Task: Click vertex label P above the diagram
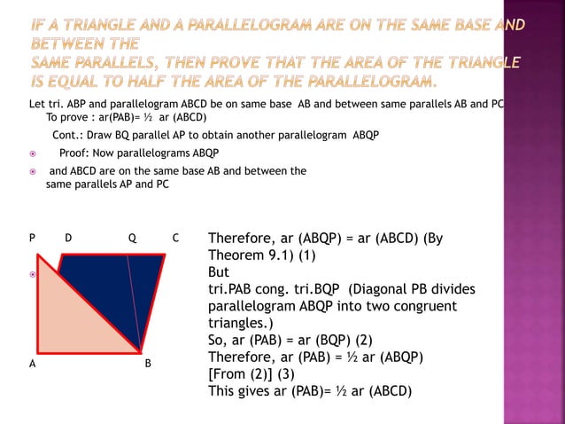point(32,239)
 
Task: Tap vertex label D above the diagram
point(68,239)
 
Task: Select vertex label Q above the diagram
point(132,239)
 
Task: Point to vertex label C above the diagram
point(175,239)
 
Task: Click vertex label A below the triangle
point(32,363)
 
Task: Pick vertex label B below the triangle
point(148,363)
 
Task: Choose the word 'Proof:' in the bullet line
point(77,153)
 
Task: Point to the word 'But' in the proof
point(218,272)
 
